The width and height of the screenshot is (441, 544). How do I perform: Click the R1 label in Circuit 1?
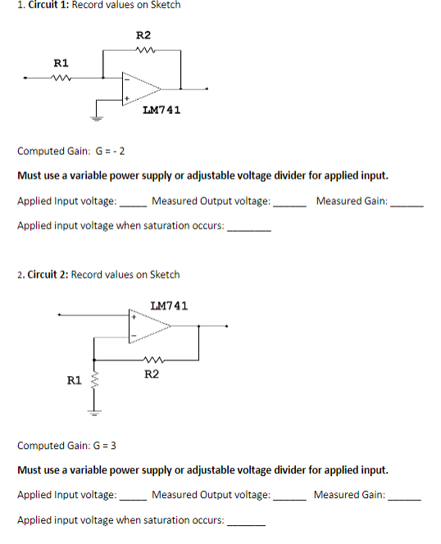(61, 63)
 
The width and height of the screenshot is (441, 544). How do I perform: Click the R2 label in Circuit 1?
(143, 35)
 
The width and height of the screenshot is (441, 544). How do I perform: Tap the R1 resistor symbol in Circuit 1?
(61, 79)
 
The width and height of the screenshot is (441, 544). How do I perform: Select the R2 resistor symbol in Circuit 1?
(143, 50)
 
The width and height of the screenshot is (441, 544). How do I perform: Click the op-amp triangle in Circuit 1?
(140, 88)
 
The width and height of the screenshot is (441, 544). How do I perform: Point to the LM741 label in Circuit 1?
(161, 110)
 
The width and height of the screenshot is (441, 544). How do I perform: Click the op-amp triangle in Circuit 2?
(148, 325)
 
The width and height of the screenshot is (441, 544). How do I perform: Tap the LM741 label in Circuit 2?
(169, 306)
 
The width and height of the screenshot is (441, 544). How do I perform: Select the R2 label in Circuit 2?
(151, 374)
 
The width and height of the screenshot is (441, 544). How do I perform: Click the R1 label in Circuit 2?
(74, 380)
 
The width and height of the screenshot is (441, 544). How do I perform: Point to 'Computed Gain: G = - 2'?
(70, 151)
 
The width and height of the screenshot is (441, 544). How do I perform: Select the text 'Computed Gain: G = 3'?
(66, 446)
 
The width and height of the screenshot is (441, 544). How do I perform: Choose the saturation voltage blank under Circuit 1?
(248, 227)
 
